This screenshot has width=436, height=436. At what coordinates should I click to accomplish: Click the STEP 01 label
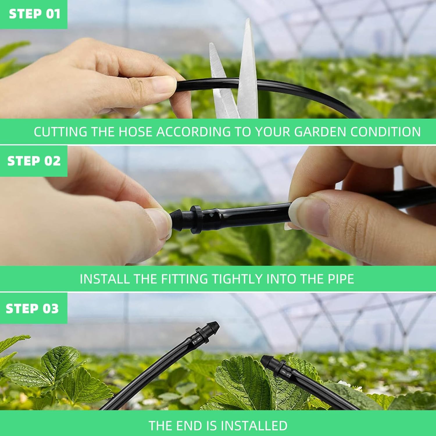click(x=34, y=14)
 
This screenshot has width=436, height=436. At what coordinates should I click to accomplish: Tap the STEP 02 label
click(x=34, y=161)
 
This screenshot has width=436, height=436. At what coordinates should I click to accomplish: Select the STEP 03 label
click(x=32, y=308)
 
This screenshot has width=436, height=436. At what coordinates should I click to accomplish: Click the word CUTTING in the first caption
click(x=60, y=132)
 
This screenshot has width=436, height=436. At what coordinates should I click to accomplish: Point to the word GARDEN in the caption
click(x=321, y=132)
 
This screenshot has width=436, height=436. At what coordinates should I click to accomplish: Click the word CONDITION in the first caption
click(x=386, y=132)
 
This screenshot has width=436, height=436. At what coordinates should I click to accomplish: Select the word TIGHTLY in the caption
click(x=237, y=279)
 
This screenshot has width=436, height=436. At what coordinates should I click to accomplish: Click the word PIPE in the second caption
click(x=341, y=279)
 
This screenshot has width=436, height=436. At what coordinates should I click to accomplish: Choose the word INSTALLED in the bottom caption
click(x=254, y=426)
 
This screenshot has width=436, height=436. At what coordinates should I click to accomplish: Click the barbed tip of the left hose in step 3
click(x=214, y=325)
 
